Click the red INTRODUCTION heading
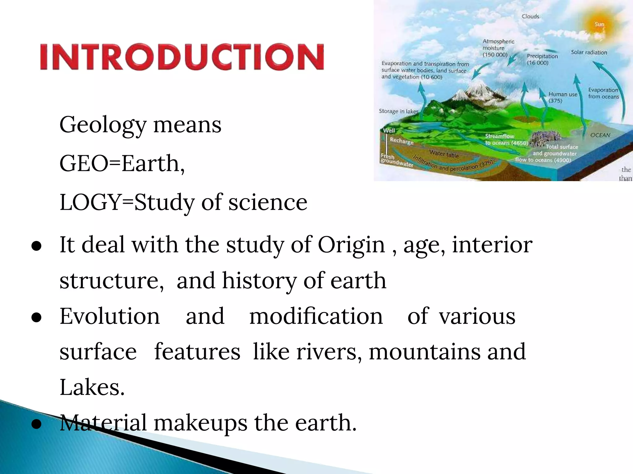182,57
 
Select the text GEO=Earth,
122,163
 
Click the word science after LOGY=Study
268,202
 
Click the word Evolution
110,316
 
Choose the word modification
316,316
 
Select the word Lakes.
92,387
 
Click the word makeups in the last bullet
201,423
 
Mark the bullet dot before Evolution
36,318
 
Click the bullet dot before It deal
36,247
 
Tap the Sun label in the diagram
599,24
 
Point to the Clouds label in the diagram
530,16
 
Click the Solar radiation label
589,52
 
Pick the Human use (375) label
563,97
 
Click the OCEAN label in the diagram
600,135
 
